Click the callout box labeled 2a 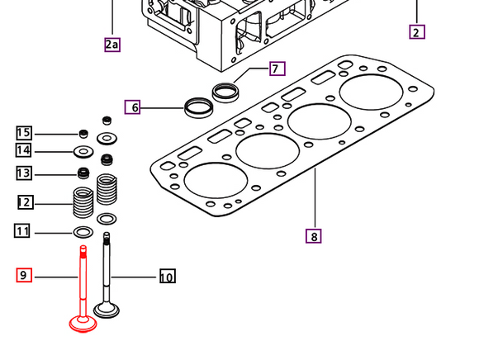(x=112, y=45)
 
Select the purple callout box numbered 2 (x=417, y=31)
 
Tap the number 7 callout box (x=277, y=69)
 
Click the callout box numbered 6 (x=132, y=107)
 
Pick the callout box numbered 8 (x=314, y=236)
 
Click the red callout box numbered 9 (x=24, y=275)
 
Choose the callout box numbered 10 (x=168, y=276)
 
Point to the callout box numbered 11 (x=22, y=230)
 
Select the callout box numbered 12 (x=25, y=202)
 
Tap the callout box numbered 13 (x=24, y=173)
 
